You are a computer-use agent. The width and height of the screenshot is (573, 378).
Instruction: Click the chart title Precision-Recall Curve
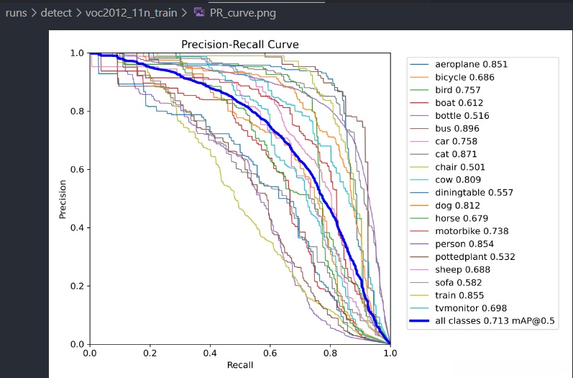[x=239, y=45]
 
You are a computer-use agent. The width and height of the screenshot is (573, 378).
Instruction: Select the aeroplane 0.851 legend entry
[x=471, y=64]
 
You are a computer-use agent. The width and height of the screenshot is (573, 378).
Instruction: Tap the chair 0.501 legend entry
[x=462, y=167]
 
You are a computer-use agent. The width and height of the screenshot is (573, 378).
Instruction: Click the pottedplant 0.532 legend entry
[x=475, y=257]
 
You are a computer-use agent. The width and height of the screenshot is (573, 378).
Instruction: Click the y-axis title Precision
[x=64, y=198]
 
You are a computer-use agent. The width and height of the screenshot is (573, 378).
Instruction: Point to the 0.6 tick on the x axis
[x=270, y=354]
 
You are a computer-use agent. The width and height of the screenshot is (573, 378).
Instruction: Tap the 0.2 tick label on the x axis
[x=150, y=354]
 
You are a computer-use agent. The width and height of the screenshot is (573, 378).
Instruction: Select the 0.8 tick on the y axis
[x=77, y=111]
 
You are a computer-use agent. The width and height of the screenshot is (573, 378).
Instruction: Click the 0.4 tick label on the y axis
[x=77, y=228]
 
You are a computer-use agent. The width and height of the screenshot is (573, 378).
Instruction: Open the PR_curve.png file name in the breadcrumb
[x=242, y=13]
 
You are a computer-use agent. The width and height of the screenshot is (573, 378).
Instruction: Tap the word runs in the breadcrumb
[x=16, y=13]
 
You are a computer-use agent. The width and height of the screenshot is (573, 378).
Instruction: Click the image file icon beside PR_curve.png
[x=198, y=13]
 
